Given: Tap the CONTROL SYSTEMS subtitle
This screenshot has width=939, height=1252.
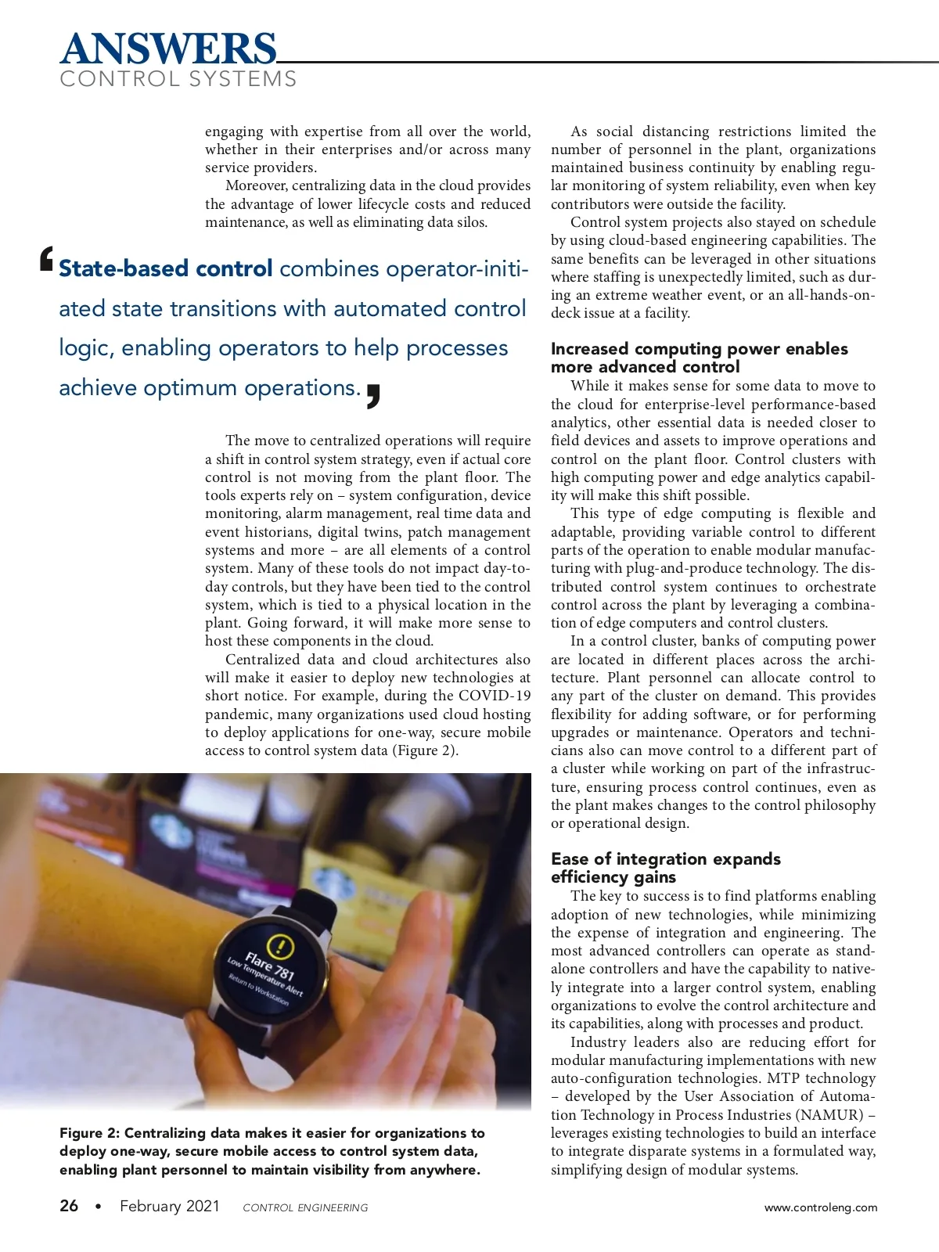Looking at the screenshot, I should [178, 79].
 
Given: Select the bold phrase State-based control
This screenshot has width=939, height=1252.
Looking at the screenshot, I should [166, 268].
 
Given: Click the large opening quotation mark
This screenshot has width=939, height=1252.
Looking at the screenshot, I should [47, 260].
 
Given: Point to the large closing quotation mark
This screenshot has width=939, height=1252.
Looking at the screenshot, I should [373, 396].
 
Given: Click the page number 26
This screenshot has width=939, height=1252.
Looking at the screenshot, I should [69, 1206].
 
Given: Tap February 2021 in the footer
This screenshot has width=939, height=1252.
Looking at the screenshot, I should [170, 1206].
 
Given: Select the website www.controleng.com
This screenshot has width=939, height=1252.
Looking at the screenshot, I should [821, 1207].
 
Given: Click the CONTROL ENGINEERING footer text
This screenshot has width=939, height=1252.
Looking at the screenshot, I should [305, 1207].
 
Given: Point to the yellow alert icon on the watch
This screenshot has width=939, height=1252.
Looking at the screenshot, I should [280, 948].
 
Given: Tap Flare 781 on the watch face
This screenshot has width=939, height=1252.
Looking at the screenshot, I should [270, 967].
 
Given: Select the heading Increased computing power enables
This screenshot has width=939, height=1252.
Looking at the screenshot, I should [699, 349].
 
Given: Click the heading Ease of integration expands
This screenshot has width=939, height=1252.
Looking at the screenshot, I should [665, 859].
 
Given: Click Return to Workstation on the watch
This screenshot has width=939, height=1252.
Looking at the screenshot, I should [258, 990].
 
